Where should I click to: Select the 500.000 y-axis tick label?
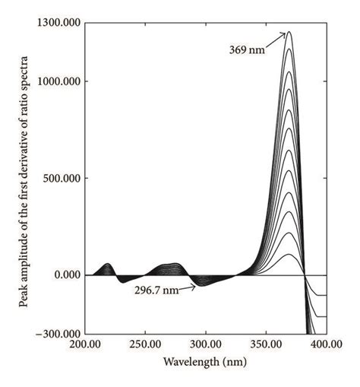62,179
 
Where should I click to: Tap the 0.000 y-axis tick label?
67,275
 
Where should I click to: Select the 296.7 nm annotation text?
156,290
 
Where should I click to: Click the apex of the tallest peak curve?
289,32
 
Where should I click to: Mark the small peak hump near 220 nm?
107,264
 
